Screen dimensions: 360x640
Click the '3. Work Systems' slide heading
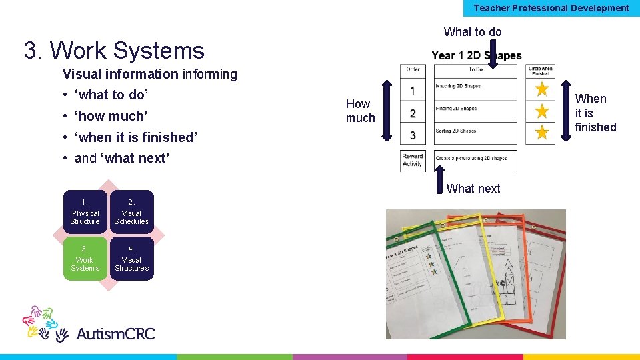(x=114, y=51)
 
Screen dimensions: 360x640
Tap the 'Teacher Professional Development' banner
(x=551, y=8)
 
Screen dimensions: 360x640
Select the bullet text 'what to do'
(x=111, y=95)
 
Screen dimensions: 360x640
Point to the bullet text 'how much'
(x=110, y=116)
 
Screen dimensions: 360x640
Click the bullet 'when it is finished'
(x=136, y=137)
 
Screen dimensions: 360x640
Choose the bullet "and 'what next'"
(x=122, y=159)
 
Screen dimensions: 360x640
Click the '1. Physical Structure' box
(x=85, y=213)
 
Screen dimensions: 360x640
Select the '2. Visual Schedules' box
(x=131, y=213)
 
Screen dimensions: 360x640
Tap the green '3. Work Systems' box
(x=85, y=259)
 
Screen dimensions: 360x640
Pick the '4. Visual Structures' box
(x=131, y=259)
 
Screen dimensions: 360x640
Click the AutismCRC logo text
(x=115, y=333)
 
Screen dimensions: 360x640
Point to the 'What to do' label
(x=473, y=32)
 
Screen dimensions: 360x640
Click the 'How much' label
(x=360, y=111)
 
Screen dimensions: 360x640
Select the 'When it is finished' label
(x=595, y=113)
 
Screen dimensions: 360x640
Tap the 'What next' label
(x=473, y=189)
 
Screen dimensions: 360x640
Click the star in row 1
(x=542, y=89)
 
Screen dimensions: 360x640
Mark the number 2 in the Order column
(x=413, y=113)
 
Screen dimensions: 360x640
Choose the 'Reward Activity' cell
(x=413, y=160)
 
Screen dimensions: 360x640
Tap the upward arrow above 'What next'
(x=439, y=177)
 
